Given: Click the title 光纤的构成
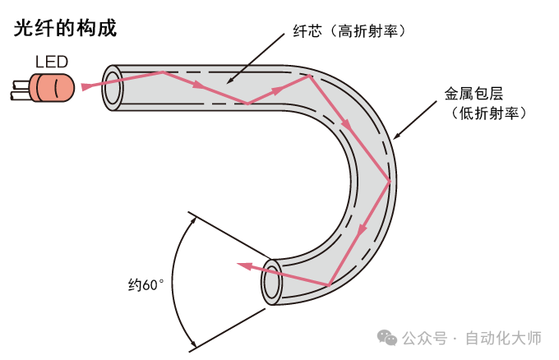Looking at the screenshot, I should pos(66,29).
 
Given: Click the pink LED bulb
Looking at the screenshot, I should pos(54,85).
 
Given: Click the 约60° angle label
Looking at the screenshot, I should pos(146,285).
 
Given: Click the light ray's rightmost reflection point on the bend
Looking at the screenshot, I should pos(389,181).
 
